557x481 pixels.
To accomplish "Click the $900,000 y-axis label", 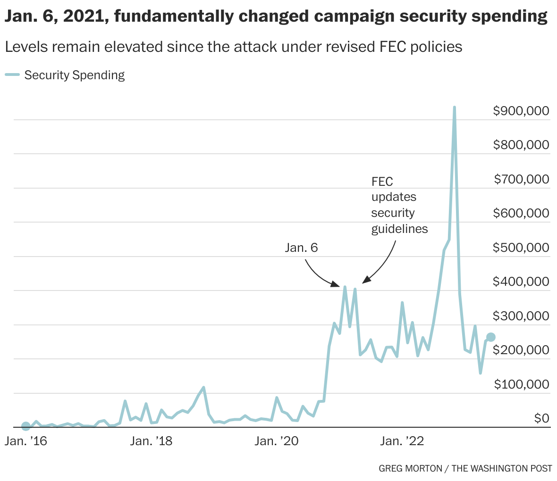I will coord(521,111).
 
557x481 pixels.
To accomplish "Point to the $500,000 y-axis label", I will coord(521,248).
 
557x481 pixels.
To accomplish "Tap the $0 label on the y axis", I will coord(541,418).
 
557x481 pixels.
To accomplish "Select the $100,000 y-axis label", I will coord(521,384).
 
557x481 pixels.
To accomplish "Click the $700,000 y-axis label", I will coord(521,179).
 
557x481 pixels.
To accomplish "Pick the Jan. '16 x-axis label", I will coord(26,441).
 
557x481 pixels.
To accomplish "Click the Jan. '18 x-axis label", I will coord(152,441).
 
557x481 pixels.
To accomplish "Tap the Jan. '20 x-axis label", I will coord(277,441).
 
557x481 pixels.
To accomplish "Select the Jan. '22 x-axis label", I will coord(402,441).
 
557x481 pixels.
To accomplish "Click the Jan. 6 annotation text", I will coord(301,248).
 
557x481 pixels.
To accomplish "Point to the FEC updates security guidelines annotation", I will coord(399,205).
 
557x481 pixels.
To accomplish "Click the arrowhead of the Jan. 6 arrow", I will coord(337,285).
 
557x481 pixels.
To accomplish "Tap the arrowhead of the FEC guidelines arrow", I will coord(366,281).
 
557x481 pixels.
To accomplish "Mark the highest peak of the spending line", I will coord(454,108).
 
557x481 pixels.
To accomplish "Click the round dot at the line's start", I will coord(26,426).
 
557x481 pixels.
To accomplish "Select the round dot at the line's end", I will coord(491,337).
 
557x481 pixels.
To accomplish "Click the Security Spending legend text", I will coord(75,75).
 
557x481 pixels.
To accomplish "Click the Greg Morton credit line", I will coord(465,468).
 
